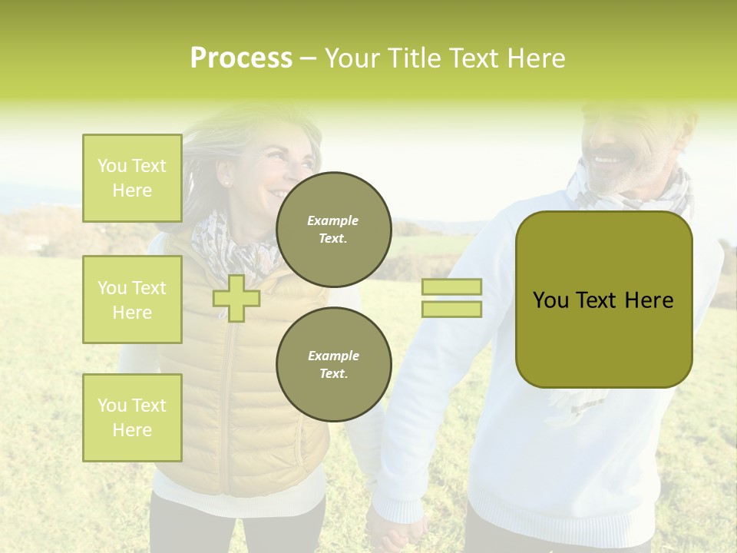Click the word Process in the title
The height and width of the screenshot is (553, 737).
(241, 58)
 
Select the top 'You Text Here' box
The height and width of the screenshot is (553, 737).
(132, 178)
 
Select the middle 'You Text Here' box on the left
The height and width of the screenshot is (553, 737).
(132, 300)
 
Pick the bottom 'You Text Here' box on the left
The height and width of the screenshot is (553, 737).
(132, 418)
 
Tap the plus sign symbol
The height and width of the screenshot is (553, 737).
(236, 298)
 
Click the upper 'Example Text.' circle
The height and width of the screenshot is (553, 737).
(334, 230)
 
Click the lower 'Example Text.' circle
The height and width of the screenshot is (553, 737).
(334, 364)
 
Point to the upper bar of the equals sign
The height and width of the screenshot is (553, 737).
(451, 287)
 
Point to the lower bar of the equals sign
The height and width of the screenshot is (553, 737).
(451, 309)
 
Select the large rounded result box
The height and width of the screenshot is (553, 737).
(603, 300)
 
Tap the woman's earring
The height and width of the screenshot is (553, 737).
(226, 183)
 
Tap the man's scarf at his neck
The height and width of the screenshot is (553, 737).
(630, 196)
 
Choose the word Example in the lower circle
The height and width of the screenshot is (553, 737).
(333, 356)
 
